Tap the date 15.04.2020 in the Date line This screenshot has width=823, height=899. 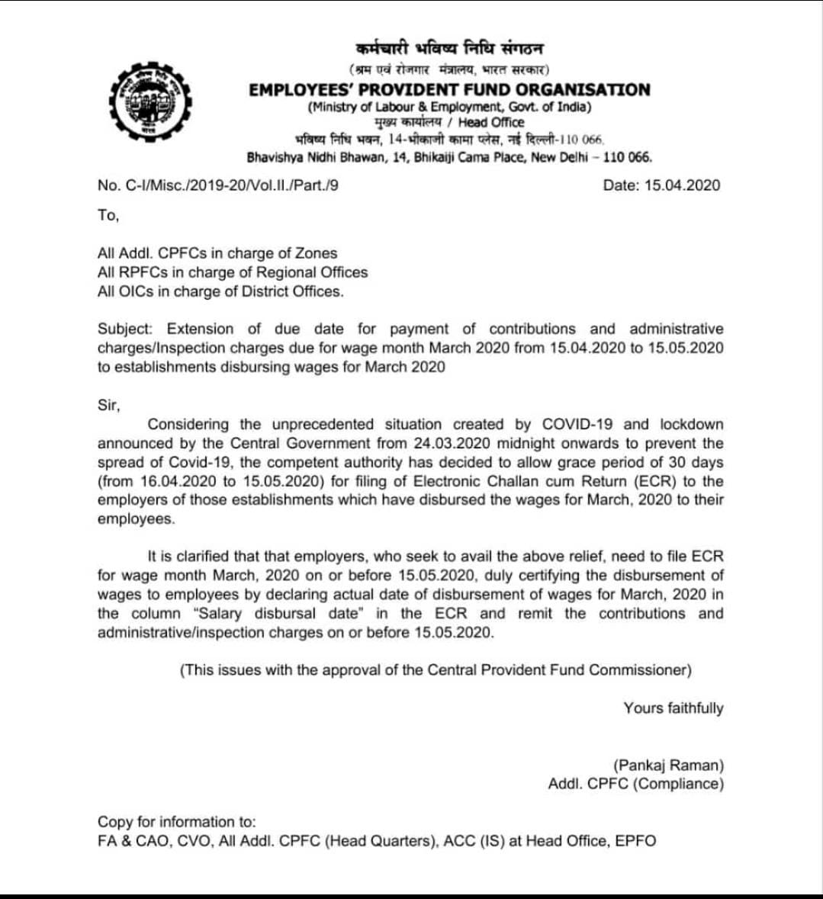690,185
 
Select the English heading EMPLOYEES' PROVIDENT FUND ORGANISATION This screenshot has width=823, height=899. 449,90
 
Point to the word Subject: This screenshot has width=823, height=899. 125,329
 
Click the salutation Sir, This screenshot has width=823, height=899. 109,406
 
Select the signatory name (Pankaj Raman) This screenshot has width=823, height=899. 668,765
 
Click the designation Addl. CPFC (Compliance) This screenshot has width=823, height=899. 635,784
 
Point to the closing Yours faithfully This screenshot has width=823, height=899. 673,708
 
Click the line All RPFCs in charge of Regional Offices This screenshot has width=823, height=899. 232,272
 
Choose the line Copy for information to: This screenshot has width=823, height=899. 177,822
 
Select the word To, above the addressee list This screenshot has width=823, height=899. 108,215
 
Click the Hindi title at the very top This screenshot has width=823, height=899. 450,49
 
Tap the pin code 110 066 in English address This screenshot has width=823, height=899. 626,158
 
